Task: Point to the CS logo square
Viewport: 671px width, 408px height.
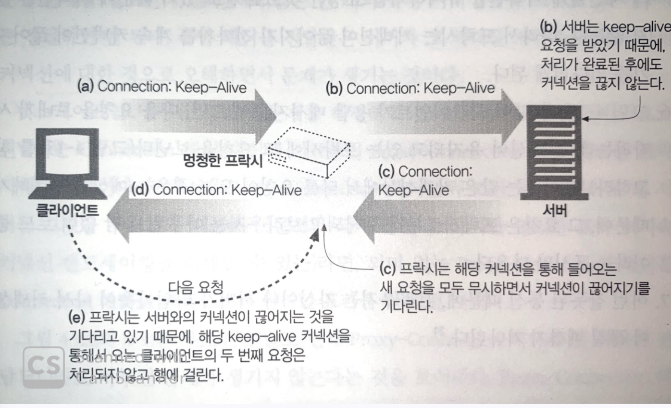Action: pos(43,367)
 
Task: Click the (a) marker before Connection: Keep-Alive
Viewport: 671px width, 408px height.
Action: pos(87,88)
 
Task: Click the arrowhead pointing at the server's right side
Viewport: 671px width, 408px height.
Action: pos(587,117)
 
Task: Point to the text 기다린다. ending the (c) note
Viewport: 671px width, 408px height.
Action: pos(404,306)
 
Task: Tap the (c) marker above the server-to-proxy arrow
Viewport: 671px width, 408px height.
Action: pos(387,172)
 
